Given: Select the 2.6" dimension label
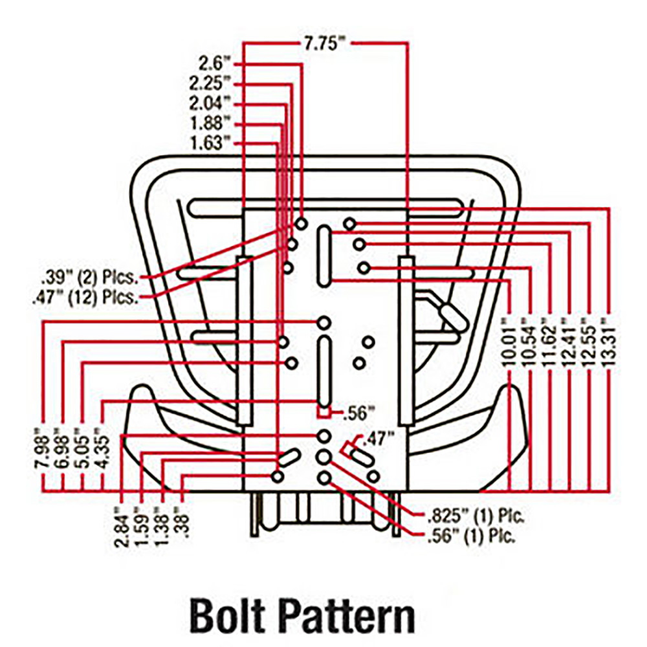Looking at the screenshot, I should [x=214, y=63].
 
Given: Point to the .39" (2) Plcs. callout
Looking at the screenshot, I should [x=89, y=279].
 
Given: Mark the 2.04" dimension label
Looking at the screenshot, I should [x=210, y=104].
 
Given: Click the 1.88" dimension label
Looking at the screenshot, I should [x=210, y=123].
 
